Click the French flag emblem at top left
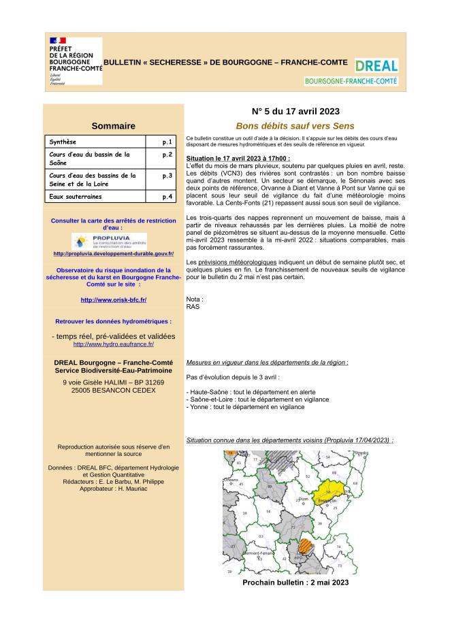tap(58, 42)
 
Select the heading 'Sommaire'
tap(113, 125)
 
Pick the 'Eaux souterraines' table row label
tap(75, 197)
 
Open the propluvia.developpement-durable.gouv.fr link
tap(113, 254)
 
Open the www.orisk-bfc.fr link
tap(113, 299)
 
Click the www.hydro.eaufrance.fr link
tap(113, 344)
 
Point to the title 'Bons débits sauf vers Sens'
tap(295, 126)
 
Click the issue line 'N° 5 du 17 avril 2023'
tap(295, 111)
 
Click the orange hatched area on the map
tap(305, 548)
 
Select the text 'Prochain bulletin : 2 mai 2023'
tap(295, 583)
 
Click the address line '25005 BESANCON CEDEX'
tap(113, 391)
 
